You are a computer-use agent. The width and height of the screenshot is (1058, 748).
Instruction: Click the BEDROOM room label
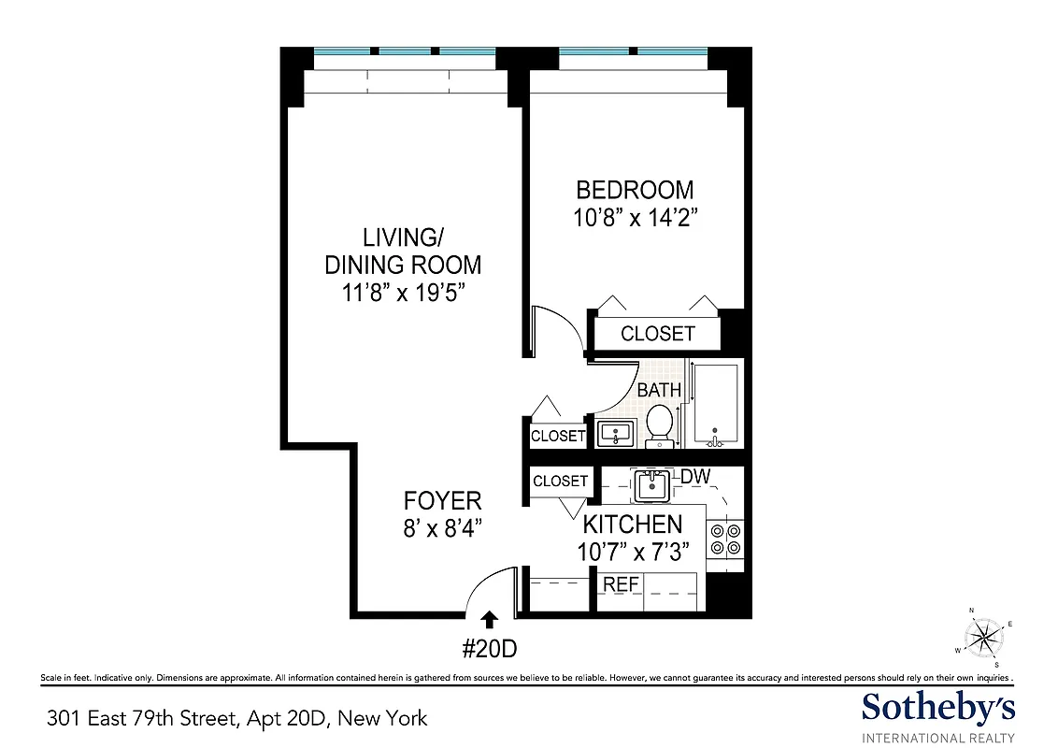point(635,191)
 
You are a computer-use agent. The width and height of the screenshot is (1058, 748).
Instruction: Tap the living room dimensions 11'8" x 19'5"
point(403,292)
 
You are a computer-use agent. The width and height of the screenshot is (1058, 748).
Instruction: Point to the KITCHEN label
point(633,525)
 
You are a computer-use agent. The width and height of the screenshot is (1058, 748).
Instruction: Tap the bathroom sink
point(614,434)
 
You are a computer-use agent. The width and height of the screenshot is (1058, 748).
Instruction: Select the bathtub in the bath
point(715,406)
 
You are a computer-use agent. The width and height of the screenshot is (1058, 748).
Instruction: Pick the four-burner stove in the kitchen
point(725,539)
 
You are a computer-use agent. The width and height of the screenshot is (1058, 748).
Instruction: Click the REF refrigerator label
point(621,584)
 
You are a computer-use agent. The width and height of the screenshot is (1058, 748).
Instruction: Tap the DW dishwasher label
point(694,477)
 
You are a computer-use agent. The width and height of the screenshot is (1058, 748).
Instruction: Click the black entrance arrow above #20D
point(488,617)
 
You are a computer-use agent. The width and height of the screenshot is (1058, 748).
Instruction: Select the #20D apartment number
point(489,646)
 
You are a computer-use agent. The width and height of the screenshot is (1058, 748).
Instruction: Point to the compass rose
point(982,638)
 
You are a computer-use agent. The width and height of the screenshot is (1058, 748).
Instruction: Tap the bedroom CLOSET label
point(657,334)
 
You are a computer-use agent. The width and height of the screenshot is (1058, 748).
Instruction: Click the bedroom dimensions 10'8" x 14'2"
point(635,219)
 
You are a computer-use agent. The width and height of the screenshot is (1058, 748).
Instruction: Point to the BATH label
point(659,391)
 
